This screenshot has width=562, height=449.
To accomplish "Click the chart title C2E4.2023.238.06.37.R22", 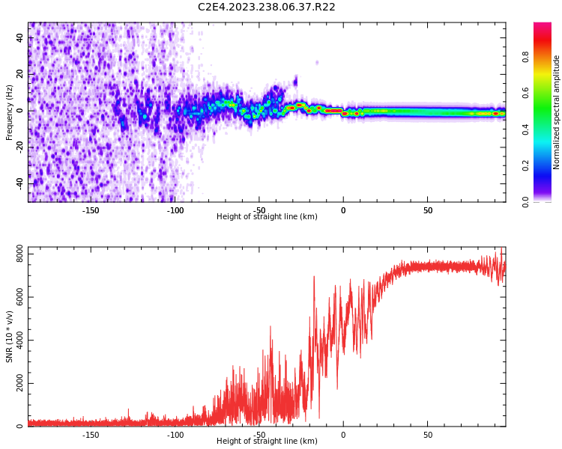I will click(x=266, y=7).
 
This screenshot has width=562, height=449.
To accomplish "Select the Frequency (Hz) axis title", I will click(x=10, y=112).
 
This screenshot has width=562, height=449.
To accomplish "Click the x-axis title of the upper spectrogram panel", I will click(x=267, y=217).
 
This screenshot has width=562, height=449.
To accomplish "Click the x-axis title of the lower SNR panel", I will click(x=267, y=442).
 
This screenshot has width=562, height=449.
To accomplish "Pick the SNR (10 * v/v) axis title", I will click(x=10, y=337).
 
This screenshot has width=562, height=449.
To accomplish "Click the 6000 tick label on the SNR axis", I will click(x=15, y=298).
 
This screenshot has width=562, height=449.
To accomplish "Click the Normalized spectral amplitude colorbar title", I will click(x=557, y=112).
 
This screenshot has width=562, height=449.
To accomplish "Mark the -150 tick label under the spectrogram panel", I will click(x=91, y=211).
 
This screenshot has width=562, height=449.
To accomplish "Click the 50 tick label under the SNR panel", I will click(x=428, y=435).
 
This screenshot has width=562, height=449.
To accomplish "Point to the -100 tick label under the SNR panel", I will click(x=175, y=435).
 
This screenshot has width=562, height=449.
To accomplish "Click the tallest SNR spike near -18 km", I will click(x=314, y=277).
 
